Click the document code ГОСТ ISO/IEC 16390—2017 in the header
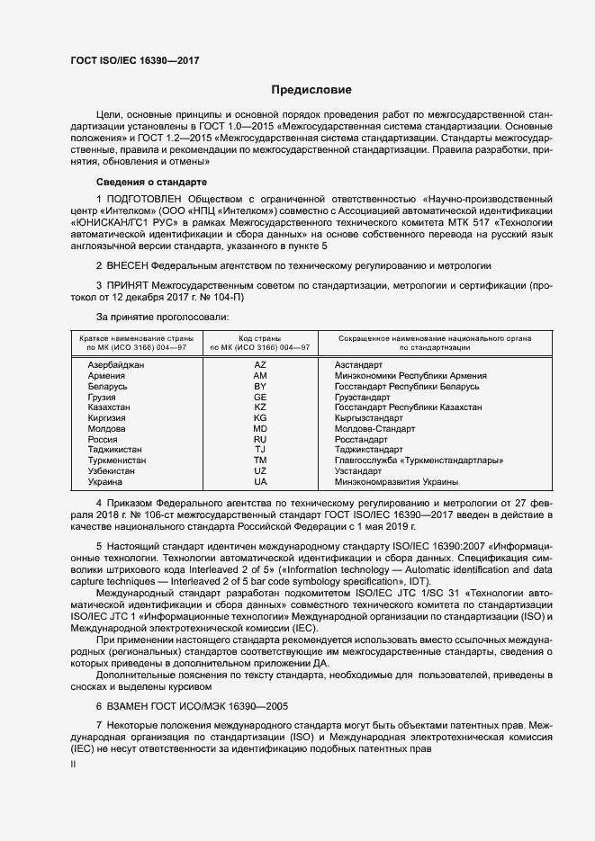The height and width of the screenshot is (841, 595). click(x=135, y=59)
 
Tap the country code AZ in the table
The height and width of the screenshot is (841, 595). click(x=260, y=364)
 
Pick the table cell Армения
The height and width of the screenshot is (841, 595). click(x=107, y=375)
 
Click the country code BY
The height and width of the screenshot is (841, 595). click(x=260, y=386)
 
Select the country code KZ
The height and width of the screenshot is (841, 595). click(x=260, y=407)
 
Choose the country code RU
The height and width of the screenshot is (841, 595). click(x=260, y=440)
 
